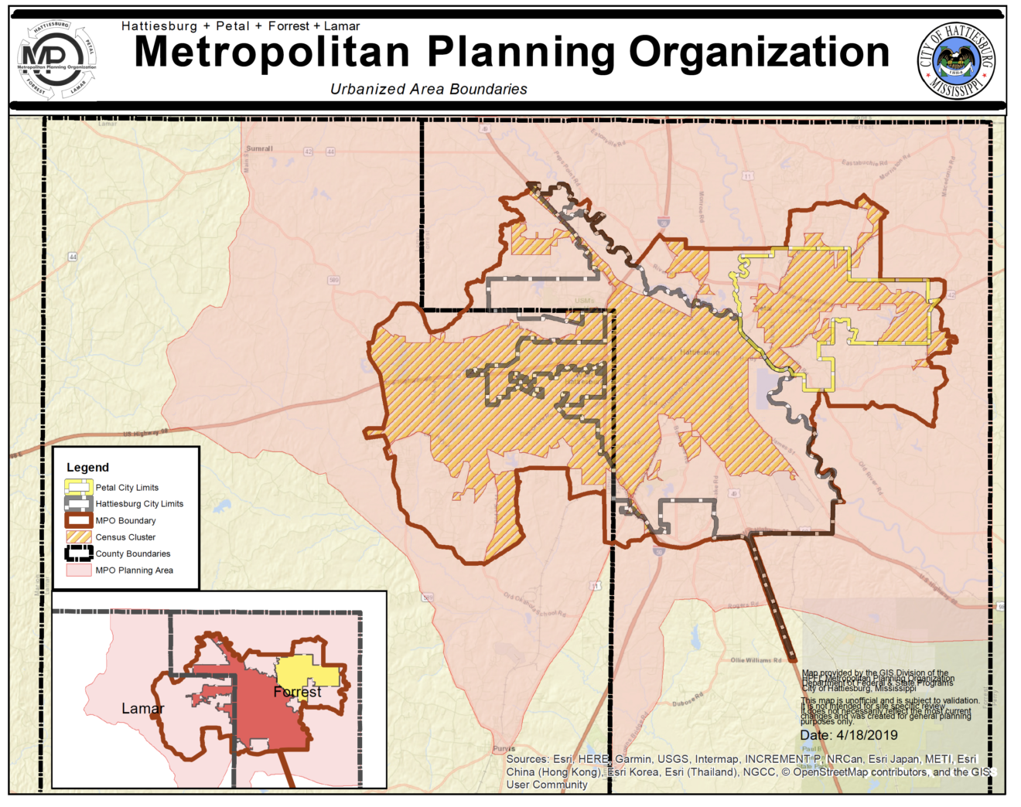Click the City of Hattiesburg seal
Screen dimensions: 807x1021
956,60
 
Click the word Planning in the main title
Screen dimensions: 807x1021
522,53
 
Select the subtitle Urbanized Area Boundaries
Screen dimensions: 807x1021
429,89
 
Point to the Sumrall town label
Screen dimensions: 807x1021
259,148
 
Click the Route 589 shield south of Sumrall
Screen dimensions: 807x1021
333,280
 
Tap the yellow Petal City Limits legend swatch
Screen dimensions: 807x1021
78,487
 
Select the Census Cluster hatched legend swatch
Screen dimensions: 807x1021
78,536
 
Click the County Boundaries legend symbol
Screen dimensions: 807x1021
78,553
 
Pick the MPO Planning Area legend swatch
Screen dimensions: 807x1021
78,570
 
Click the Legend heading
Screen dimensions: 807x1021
87,467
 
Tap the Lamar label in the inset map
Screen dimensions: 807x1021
143,708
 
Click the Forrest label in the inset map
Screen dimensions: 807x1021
297,692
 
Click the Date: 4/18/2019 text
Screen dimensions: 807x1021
849,735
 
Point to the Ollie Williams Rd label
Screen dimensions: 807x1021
756,660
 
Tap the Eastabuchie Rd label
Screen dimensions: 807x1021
865,163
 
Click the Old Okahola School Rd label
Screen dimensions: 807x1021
534,604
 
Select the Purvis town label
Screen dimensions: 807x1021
504,748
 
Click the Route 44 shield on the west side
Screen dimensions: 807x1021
73,257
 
